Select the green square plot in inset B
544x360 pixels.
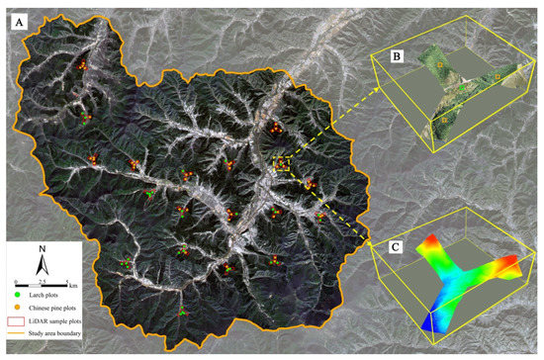click(461, 88)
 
